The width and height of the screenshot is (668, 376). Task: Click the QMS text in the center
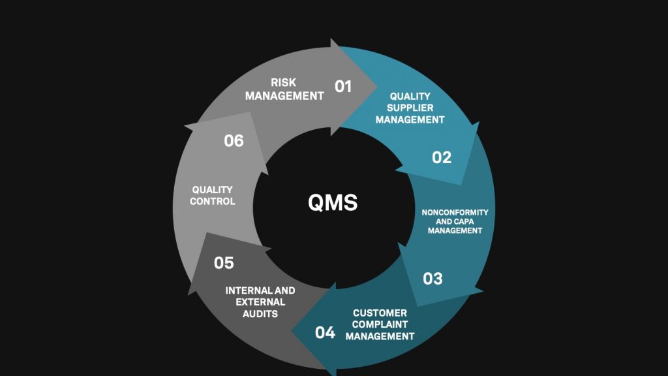click(333, 202)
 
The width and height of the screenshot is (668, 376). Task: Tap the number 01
click(343, 87)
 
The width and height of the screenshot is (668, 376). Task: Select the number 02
click(442, 158)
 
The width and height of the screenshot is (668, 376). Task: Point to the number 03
click(433, 279)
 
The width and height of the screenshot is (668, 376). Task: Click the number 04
click(325, 332)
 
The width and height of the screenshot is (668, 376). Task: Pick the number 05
click(224, 262)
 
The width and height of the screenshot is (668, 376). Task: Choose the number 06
click(234, 141)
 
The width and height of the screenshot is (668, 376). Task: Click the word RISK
click(283, 82)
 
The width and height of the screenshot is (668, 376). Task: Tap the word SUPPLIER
click(410, 108)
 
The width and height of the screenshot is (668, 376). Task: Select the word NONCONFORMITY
click(455, 212)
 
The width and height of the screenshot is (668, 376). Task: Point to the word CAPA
click(464, 221)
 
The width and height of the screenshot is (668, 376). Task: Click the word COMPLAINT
click(380, 324)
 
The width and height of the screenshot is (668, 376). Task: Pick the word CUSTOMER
click(380, 313)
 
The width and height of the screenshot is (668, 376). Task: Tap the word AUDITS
click(260, 314)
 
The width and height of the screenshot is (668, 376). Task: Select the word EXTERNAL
click(260, 302)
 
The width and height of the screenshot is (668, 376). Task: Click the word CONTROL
click(212, 201)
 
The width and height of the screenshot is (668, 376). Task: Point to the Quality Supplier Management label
click(410, 108)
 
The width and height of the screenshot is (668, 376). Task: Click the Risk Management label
click(284, 89)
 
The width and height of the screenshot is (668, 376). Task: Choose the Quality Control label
click(212, 195)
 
